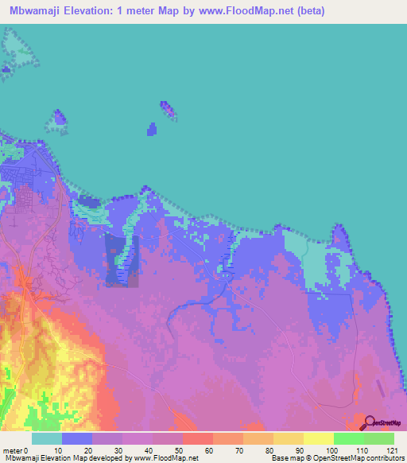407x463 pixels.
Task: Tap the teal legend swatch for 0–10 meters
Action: coord(46,438)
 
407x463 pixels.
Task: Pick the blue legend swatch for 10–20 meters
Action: coord(76,438)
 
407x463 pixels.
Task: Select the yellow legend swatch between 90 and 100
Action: coord(318,438)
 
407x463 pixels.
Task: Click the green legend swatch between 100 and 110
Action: coord(348,438)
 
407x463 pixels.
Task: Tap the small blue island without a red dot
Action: coord(152,130)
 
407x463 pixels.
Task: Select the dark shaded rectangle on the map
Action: coord(122,260)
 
